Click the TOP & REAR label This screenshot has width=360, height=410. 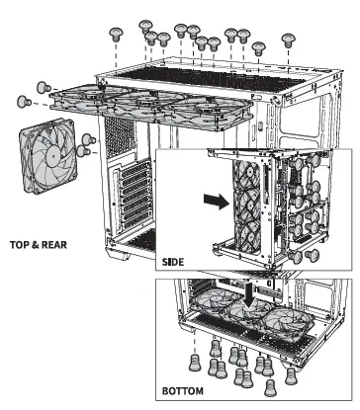click(39, 245)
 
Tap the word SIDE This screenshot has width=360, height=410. click(173, 262)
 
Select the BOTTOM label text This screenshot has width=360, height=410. click(183, 391)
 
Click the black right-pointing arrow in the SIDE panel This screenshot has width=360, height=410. click(217, 201)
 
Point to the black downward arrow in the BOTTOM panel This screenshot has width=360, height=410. click(249, 294)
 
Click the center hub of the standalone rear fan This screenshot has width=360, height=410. click(52, 154)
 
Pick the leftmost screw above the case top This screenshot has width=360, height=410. click(116, 34)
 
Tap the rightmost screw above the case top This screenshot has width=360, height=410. click(289, 41)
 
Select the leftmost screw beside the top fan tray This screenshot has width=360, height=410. click(24, 101)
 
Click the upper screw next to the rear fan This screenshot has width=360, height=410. click(89, 139)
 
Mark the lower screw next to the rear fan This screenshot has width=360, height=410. click(84, 151)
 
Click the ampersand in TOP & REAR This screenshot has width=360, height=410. click(36, 245)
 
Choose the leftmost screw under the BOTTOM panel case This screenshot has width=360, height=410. click(195, 363)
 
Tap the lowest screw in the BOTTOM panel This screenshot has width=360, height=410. click(270, 388)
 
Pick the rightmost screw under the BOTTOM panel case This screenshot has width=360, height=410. click(291, 376)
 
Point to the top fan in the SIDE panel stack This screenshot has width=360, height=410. click(247, 175)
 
